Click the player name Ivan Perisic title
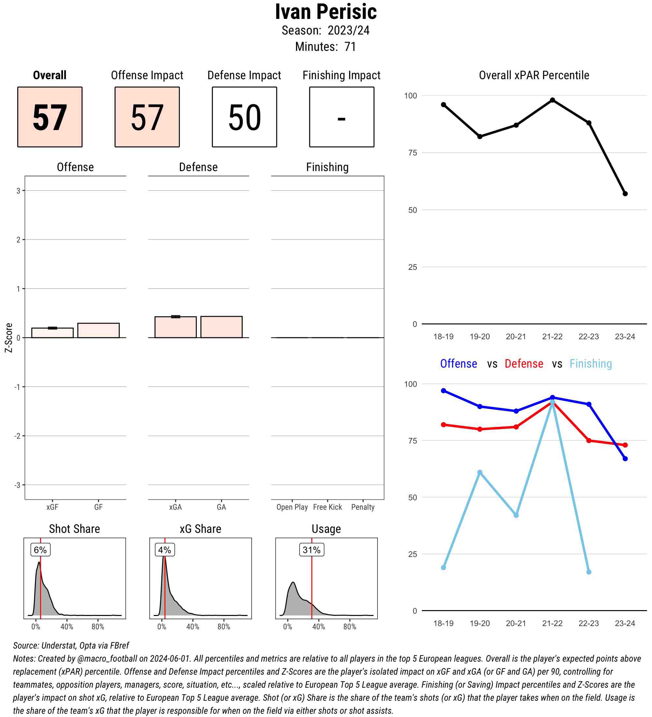[x=325, y=12]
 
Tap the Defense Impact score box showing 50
[x=244, y=117]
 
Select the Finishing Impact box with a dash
[x=341, y=117]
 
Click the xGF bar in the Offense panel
[x=52, y=333]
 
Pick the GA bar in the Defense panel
[x=221, y=327]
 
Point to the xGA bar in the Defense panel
[x=175, y=327]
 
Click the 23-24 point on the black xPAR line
[x=625, y=194]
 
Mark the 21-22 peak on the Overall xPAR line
[x=552, y=100]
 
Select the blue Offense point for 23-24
[x=625, y=459]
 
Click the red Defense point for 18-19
[x=444, y=425]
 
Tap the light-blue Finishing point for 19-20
[x=480, y=472]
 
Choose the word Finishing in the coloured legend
[x=590, y=363]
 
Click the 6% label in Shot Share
[x=40, y=550]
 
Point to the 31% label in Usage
[x=311, y=550]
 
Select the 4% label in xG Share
[x=165, y=550]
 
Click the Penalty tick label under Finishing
[x=363, y=507]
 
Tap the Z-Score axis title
[x=8, y=338]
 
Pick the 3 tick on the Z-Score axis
[x=18, y=191]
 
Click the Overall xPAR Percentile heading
[x=534, y=75]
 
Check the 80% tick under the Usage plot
[x=350, y=627]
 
